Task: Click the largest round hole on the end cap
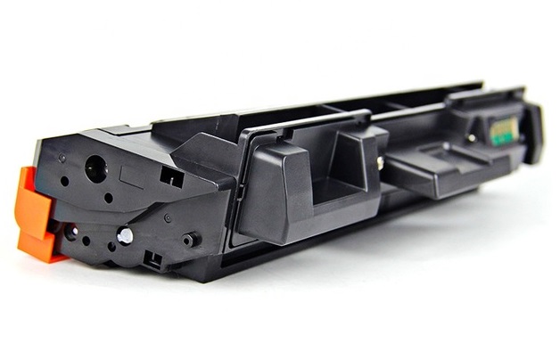(95, 167)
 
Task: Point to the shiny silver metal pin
(126, 235)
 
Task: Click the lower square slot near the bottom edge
(152, 260)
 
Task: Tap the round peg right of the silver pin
(189, 240)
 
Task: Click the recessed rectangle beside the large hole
(132, 175)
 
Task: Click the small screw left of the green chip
(472, 138)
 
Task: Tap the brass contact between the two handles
(380, 161)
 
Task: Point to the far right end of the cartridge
(533, 134)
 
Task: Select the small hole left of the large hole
(64, 181)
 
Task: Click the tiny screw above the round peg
(168, 217)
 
